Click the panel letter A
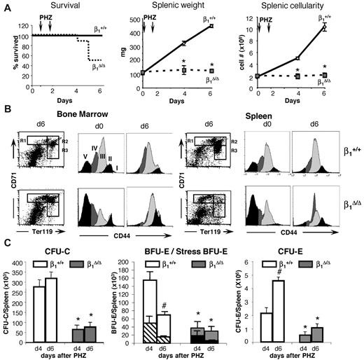coord(6,6)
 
